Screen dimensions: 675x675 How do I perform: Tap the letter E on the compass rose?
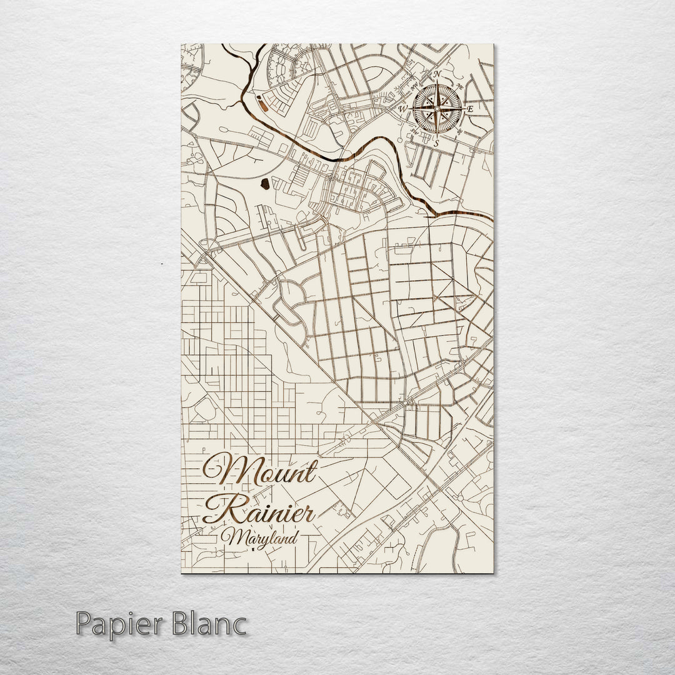pos(470,109)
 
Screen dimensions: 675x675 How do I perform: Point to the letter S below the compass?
pos(437,142)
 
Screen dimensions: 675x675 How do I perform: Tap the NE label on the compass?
pos(460,86)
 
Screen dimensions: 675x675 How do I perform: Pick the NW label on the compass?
pos(414,86)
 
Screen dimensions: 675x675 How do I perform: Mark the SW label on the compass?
pos(413,132)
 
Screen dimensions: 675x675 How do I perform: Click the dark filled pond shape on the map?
pos(265,184)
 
